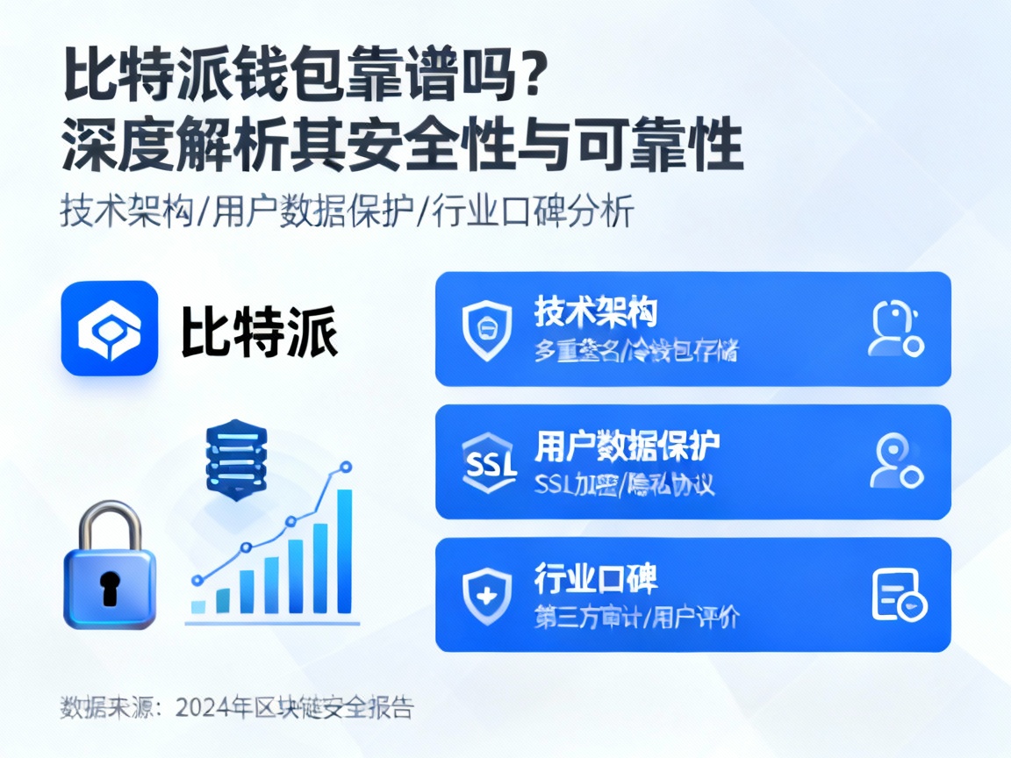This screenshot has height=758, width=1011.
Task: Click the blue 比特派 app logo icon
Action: (110, 328)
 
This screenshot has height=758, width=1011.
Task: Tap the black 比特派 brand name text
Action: (260, 331)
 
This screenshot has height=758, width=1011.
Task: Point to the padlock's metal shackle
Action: (109, 525)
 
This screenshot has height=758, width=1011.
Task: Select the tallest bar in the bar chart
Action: (345, 551)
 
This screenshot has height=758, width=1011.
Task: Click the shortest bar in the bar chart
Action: (198, 605)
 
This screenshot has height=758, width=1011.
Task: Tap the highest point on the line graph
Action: (346, 467)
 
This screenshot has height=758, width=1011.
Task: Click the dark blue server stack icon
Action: (234, 461)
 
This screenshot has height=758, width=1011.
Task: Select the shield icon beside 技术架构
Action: (486, 330)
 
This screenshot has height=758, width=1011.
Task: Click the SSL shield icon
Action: (486, 462)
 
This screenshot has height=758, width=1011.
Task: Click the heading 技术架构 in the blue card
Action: (596, 312)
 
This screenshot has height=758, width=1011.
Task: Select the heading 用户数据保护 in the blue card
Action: (627, 446)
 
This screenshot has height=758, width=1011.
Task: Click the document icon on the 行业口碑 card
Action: (898, 596)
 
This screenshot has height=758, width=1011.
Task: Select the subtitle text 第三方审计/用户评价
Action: (636, 617)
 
